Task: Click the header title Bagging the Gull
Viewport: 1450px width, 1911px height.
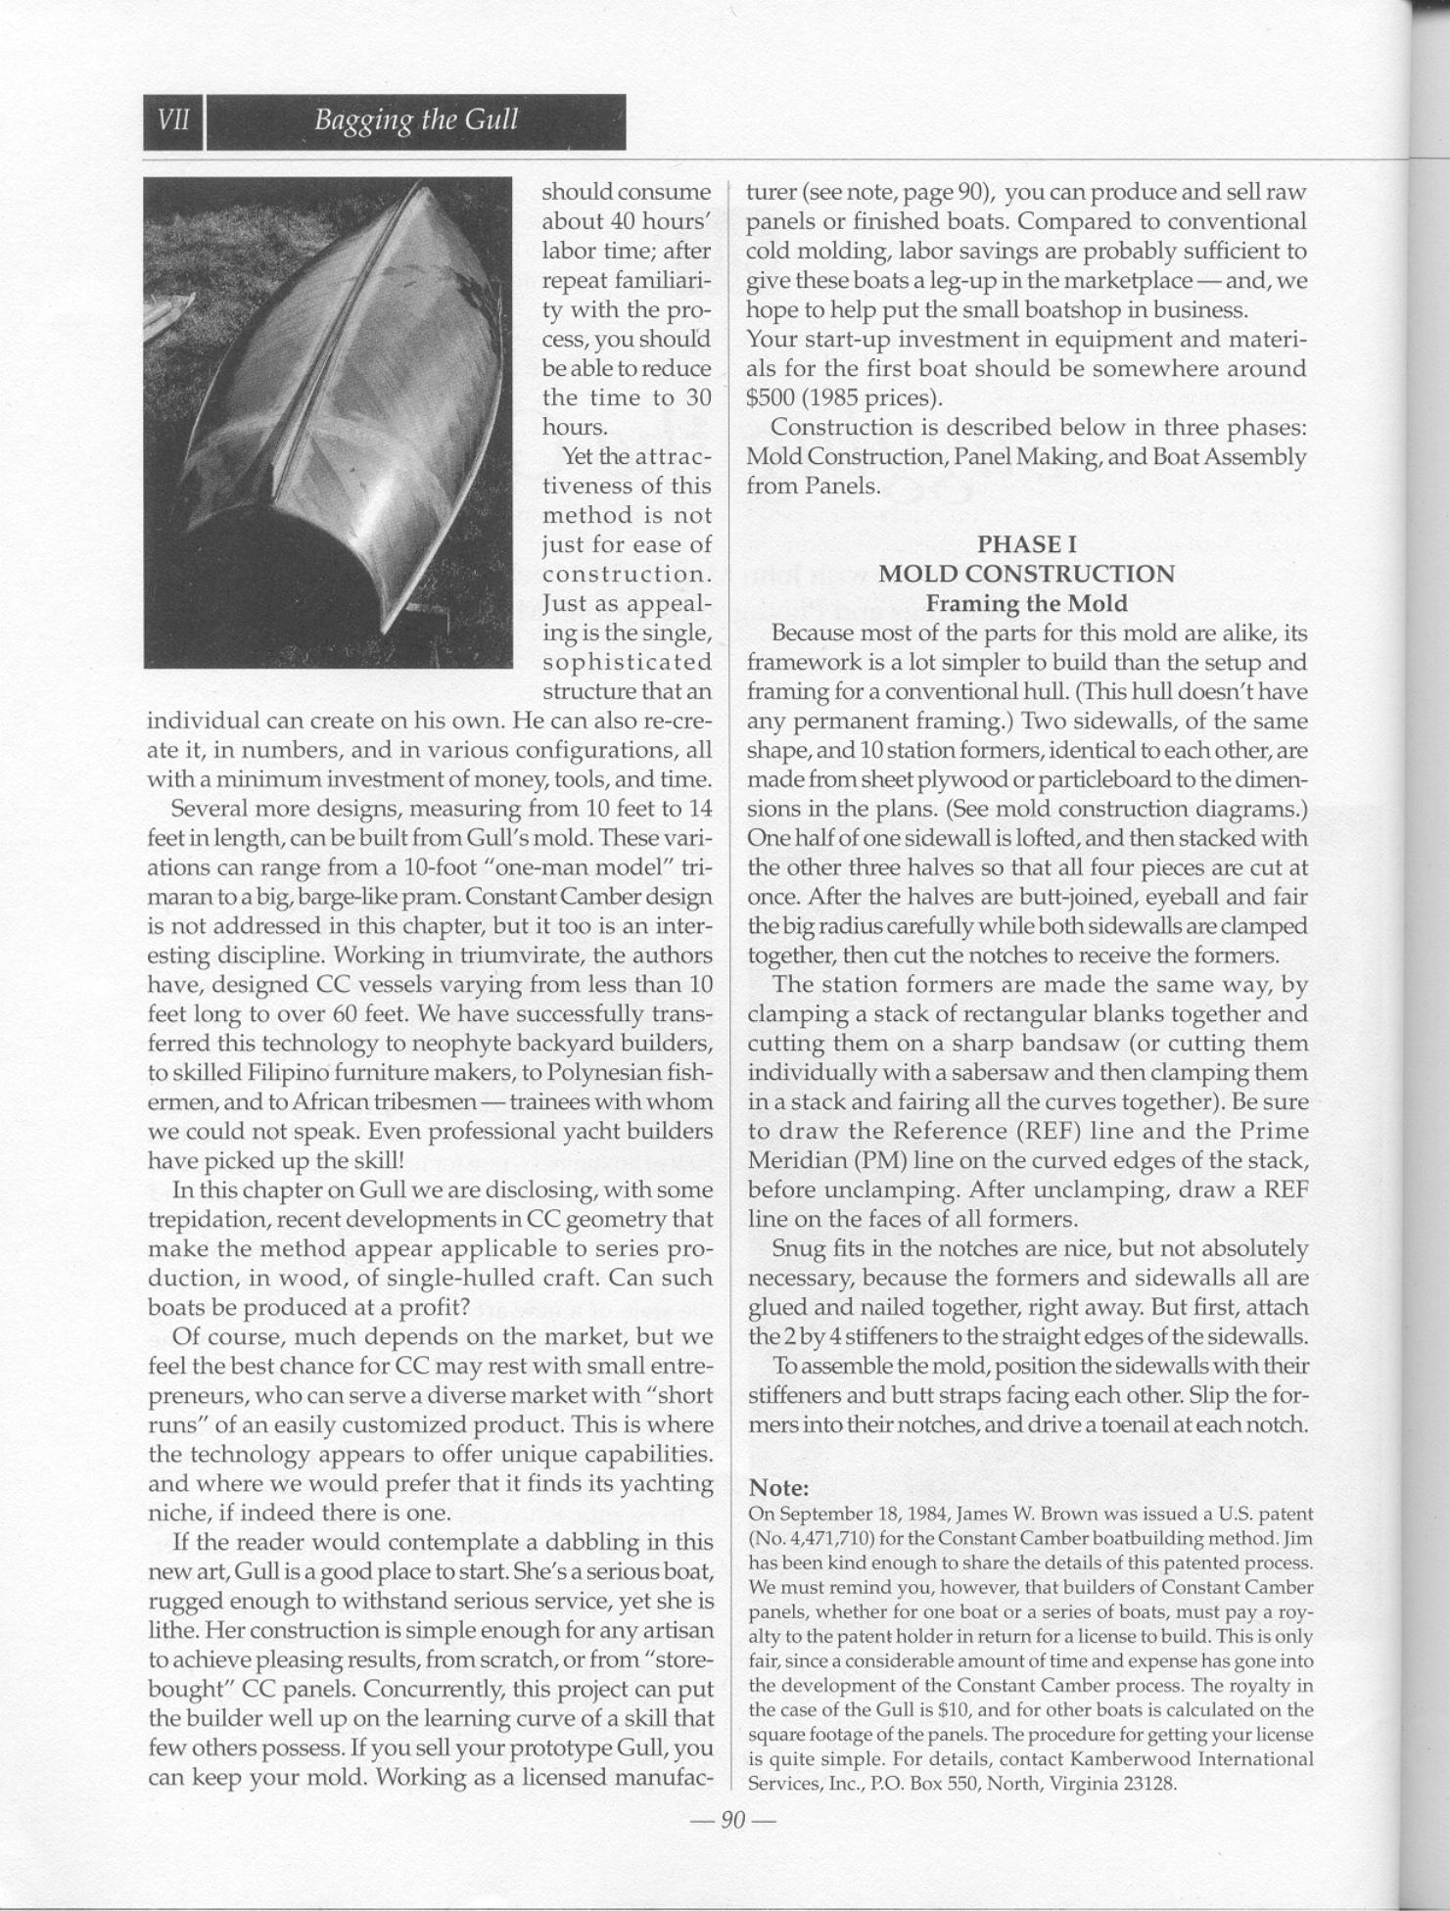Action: (415, 121)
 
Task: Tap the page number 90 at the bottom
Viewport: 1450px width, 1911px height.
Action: (732, 1820)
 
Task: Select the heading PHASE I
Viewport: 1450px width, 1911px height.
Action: (1026, 544)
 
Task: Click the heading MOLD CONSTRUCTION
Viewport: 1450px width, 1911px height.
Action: (1026, 574)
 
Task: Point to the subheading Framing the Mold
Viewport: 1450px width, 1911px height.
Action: (1026, 603)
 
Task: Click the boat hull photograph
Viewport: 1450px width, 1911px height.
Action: (328, 422)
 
